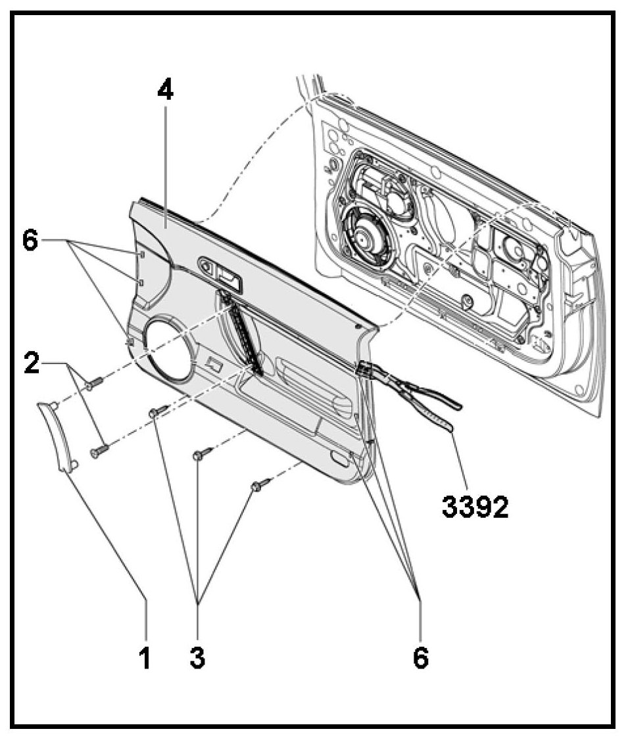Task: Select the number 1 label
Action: [x=145, y=657]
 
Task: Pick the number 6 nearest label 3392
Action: [x=420, y=657]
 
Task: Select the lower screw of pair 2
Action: [x=97, y=451]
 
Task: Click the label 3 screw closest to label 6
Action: [x=261, y=484]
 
